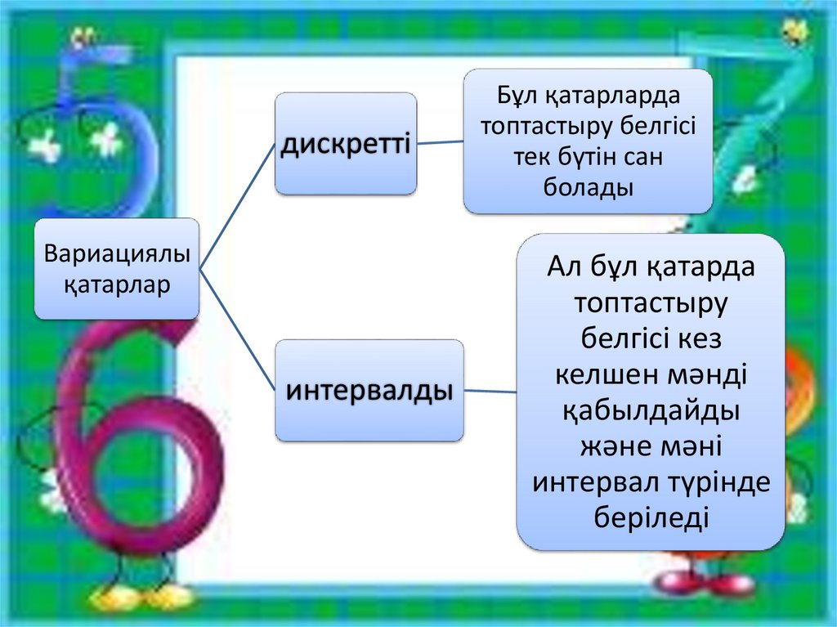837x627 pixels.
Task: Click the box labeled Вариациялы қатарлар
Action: coord(117,268)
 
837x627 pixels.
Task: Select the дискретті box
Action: coord(345,144)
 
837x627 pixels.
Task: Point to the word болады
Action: coord(589,187)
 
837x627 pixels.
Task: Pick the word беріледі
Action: coord(651,518)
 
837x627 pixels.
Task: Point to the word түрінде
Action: coord(720,482)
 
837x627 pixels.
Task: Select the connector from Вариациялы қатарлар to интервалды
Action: coord(237,331)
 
